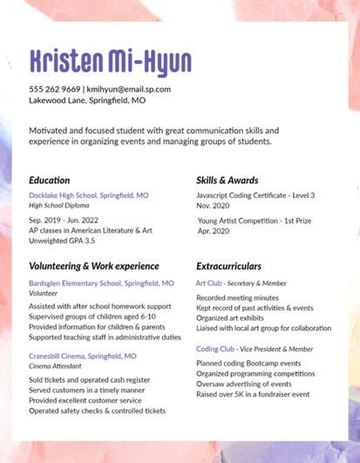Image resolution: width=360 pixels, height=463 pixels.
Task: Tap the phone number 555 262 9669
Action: tap(55, 89)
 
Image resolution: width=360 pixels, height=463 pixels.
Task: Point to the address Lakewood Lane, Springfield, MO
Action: tap(87, 100)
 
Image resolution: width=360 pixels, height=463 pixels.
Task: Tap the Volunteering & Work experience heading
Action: tap(93, 264)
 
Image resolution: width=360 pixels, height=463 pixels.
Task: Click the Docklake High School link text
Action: tap(88, 196)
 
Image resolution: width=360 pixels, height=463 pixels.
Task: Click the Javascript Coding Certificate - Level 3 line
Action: tap(255, 196)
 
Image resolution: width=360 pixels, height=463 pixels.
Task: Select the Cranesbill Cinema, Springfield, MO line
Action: tap(82, 357)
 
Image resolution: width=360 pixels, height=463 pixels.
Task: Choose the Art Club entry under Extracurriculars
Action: tap(208, 283)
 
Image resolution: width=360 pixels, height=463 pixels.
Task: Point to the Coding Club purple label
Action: tap(215, 349)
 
